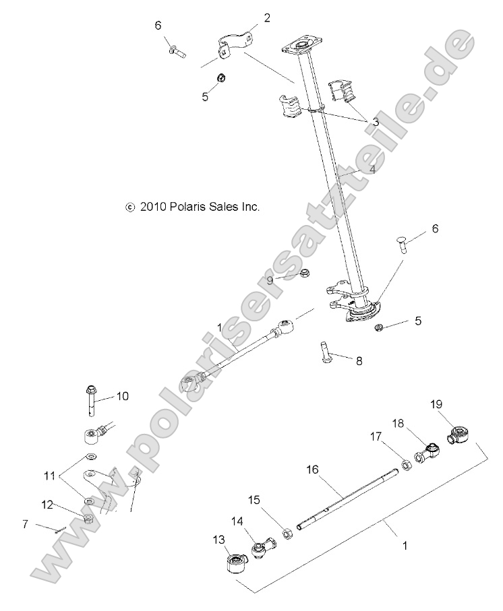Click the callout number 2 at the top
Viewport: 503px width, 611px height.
pyautogui.click(x=266, y=18)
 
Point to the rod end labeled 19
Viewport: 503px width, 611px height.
pyautogui.click(x=459, y=431)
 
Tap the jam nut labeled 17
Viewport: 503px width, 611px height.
pyautogui.click(x=407, y=465)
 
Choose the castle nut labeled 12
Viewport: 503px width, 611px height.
pyautogui.click(x=88, y=519)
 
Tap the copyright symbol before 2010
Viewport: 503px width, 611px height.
pyautogui.click(x=130, y=208)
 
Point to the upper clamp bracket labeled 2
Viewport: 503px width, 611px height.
pyautogui.click(x=233, y=44)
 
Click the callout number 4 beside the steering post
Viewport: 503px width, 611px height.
pyautogui.click(x=371, y=170)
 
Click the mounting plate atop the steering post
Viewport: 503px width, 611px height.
pyautogui.click(x=297, y=47)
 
